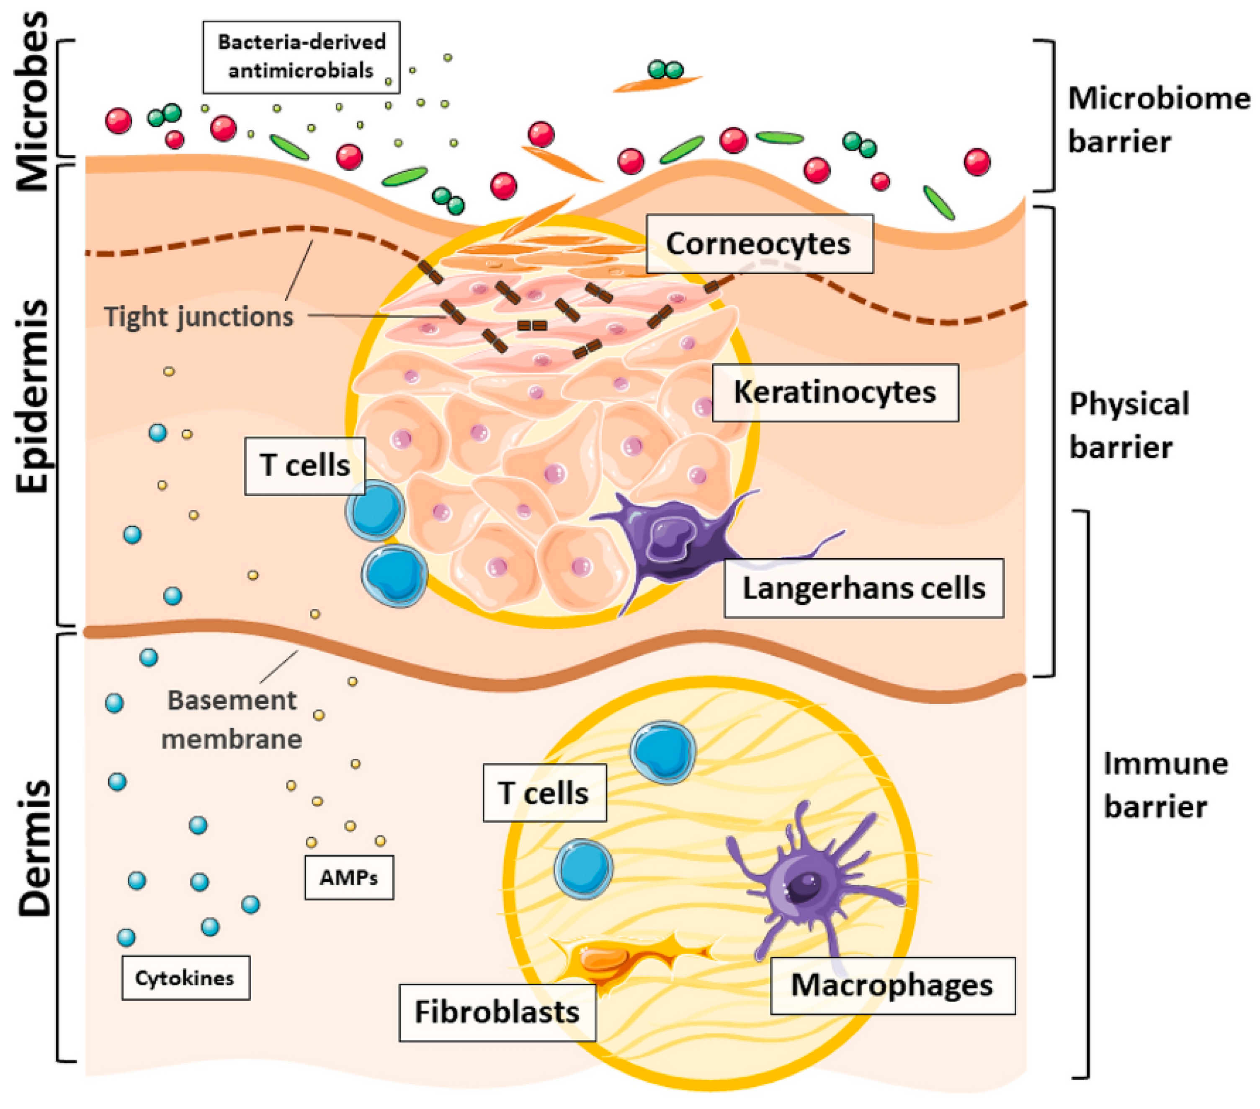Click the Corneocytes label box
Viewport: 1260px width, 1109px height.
[x=759, y=244]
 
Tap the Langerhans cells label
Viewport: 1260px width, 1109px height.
[x=863, y=588]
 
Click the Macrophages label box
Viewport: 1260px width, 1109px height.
[x=892, y=985]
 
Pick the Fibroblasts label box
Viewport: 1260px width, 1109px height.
[x=497, y=1012]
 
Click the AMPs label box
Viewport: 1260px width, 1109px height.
[x=349, y=877]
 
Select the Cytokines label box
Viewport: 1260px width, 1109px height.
[x=185, y=978]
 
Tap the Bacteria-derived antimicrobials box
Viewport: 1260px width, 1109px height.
[x=301, y=56]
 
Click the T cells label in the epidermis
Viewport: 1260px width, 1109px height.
[x=304, y=466]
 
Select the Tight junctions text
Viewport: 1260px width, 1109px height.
[x=198, y=317]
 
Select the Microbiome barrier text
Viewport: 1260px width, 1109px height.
[x=1158, y=120]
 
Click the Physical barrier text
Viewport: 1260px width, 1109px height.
[x=1128, y=425]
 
